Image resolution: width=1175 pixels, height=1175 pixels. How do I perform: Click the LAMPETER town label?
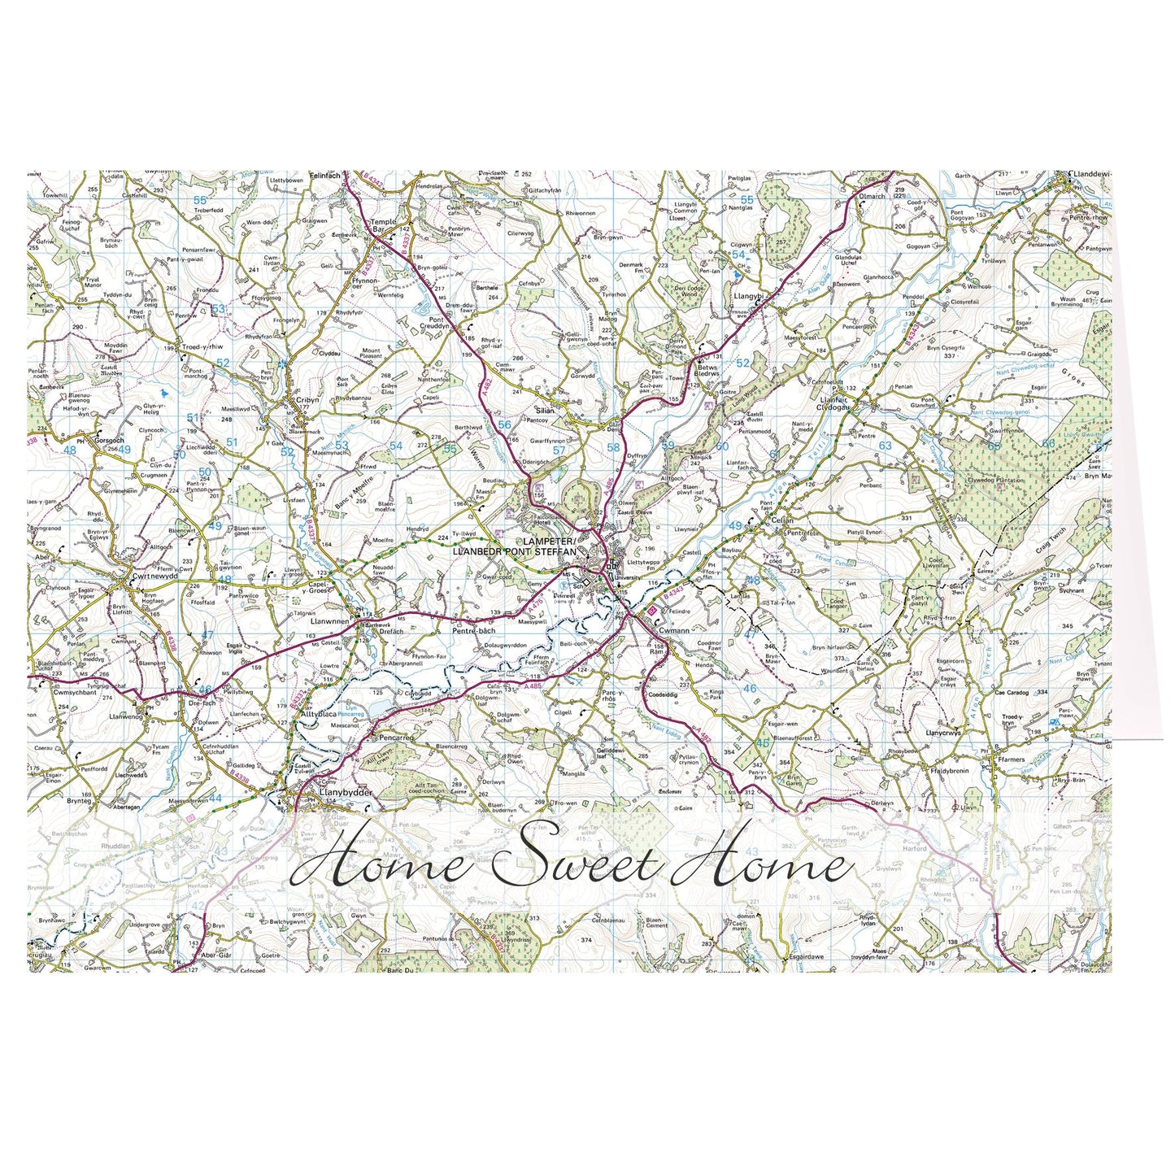[x=549, y=542]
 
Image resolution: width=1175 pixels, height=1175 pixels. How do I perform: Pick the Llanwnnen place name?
[x=329, y=620]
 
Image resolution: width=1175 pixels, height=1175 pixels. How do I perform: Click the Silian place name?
[x=545, y=411]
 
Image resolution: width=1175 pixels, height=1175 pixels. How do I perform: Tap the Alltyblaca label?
[x=318, y=713]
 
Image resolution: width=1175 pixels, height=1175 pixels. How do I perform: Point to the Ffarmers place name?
[x=1012, y=759]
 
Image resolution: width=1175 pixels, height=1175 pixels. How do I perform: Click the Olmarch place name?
[x=873, y=196]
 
